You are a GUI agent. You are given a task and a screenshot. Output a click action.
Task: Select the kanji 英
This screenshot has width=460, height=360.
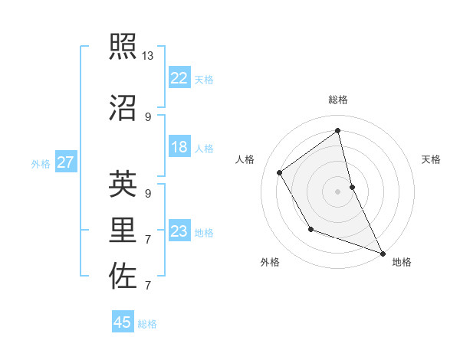[x=123, y=184]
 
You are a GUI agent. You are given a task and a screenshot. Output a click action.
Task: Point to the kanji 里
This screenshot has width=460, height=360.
[x=123, y=230]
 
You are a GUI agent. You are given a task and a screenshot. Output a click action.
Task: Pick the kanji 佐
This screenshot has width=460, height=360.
[x=123, y=276]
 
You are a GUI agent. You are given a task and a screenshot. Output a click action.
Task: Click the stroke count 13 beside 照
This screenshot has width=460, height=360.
[x=148, y=56]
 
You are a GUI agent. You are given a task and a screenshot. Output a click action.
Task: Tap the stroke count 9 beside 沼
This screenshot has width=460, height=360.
[x=148, y=116]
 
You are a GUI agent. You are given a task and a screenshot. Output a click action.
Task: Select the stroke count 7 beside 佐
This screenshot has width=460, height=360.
[x=148, y=286]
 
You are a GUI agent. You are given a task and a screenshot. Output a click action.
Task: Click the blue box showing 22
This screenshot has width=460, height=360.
[x=179, y=78]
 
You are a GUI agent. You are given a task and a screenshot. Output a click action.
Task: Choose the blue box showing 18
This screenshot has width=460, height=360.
[x=179, y=147]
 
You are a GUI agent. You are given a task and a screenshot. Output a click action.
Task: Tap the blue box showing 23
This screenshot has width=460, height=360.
[x=179, y=231]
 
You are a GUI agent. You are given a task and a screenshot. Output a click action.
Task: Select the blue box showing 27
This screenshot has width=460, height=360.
[x=65, y=162]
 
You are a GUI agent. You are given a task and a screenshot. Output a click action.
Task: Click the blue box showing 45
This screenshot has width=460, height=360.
[x=123, y=322]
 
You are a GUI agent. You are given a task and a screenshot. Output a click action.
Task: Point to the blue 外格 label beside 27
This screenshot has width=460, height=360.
[x=41, y=163]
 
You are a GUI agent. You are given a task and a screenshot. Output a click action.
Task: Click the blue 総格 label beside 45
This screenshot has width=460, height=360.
[x=147, y=324]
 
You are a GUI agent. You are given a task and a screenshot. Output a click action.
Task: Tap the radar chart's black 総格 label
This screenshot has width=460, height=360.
[x=338, y=100]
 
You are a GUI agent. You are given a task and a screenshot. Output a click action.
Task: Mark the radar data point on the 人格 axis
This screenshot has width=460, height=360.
[x=280, y=173]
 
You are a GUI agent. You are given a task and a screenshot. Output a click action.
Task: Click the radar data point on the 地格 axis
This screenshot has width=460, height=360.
[x=383, y=254]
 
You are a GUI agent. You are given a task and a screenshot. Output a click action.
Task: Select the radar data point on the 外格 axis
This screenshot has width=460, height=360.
[x=310, y=229]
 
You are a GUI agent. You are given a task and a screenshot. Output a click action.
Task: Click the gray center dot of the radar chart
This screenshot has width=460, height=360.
[x=338, y=191]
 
